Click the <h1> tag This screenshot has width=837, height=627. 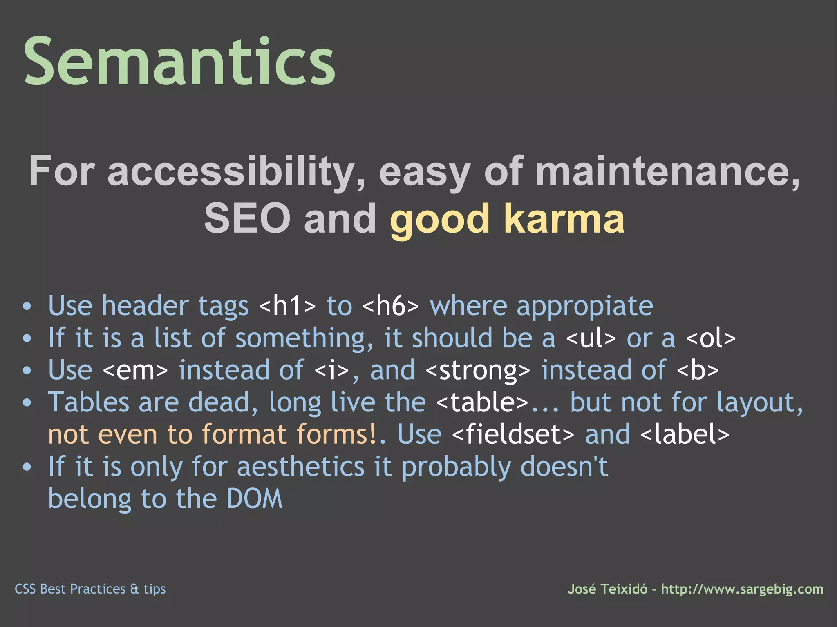click(288, 306)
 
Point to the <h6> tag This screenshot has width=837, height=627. click(391, 306)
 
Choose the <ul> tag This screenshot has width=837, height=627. click(591, 338)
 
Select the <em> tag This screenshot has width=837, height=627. click(135, 370)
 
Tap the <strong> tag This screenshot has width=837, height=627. click(478, 370)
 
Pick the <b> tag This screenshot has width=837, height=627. click(698, 370)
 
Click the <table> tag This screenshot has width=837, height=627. click(482, 402)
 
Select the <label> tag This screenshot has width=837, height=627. click(685, 434)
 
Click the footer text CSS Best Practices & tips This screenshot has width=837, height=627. click(90, 589)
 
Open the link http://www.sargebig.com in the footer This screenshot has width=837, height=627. click(742, 589)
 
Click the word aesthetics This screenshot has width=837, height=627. click(301, 467)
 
